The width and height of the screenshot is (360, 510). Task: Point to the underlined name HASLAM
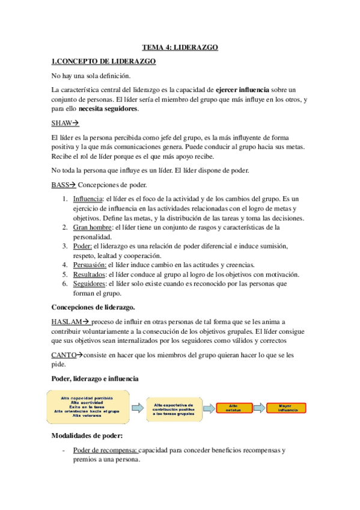pos(67,321)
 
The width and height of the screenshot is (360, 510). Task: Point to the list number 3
pos(65,246)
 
